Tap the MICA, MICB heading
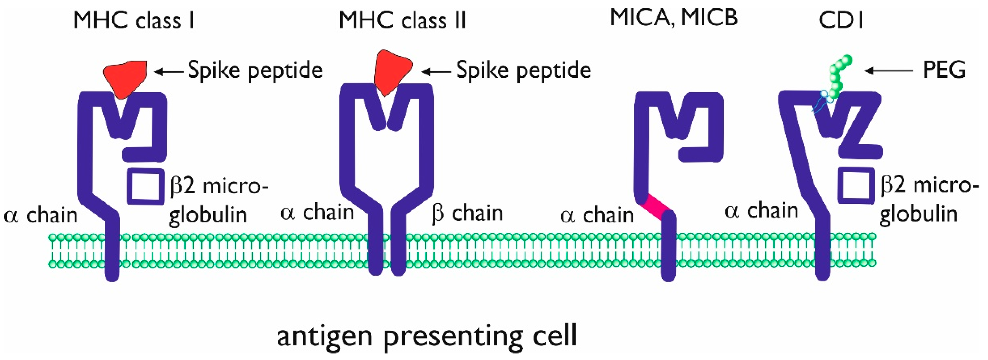(x=674, y=18)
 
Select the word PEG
(x=944, y=70)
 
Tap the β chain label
(x=467, y=213)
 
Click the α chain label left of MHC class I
(x=40, y=216)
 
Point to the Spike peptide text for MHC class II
(x=524, y=71)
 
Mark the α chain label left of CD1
(x=761, y=211)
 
